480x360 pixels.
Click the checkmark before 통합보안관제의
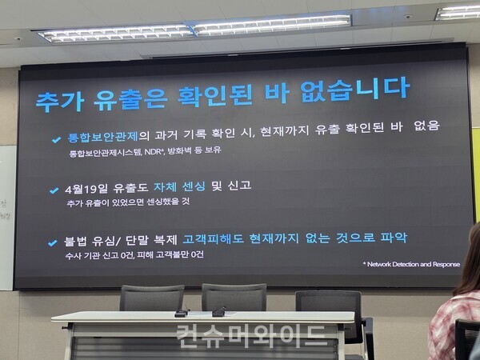click(56, 139)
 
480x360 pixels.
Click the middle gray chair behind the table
click(234, 297)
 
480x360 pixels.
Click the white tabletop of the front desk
click(200, 317)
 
